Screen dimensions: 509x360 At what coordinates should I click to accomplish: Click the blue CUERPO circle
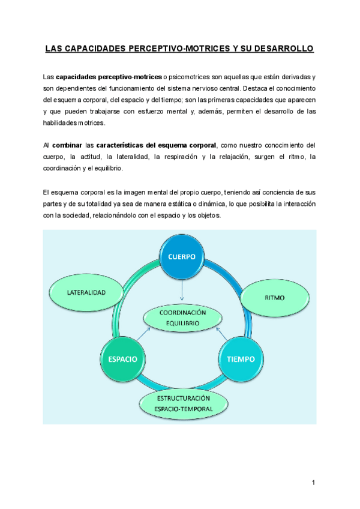tap(182, 256)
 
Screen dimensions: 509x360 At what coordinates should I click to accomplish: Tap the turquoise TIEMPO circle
tap(240, 359)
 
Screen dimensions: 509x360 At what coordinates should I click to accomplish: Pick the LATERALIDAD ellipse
tap(86, 293)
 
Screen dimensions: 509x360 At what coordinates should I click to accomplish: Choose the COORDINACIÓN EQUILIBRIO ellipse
tap(182, 318)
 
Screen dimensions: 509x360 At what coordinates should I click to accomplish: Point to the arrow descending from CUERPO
tap(182, 291)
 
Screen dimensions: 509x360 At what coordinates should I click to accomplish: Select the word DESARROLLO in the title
tap(281, 48)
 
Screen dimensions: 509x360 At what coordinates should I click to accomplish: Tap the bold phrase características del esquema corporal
tap(155, 146)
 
